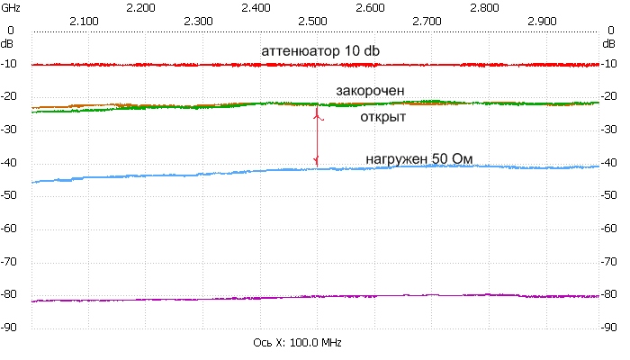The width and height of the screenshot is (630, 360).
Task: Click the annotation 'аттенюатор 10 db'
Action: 320,50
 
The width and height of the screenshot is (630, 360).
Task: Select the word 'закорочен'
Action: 376,91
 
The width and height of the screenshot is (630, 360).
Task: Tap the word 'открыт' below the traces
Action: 382,118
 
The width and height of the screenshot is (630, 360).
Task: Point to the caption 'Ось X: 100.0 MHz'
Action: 298,344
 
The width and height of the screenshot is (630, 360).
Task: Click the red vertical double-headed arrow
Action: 316,137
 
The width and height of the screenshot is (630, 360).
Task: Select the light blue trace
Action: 180,175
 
